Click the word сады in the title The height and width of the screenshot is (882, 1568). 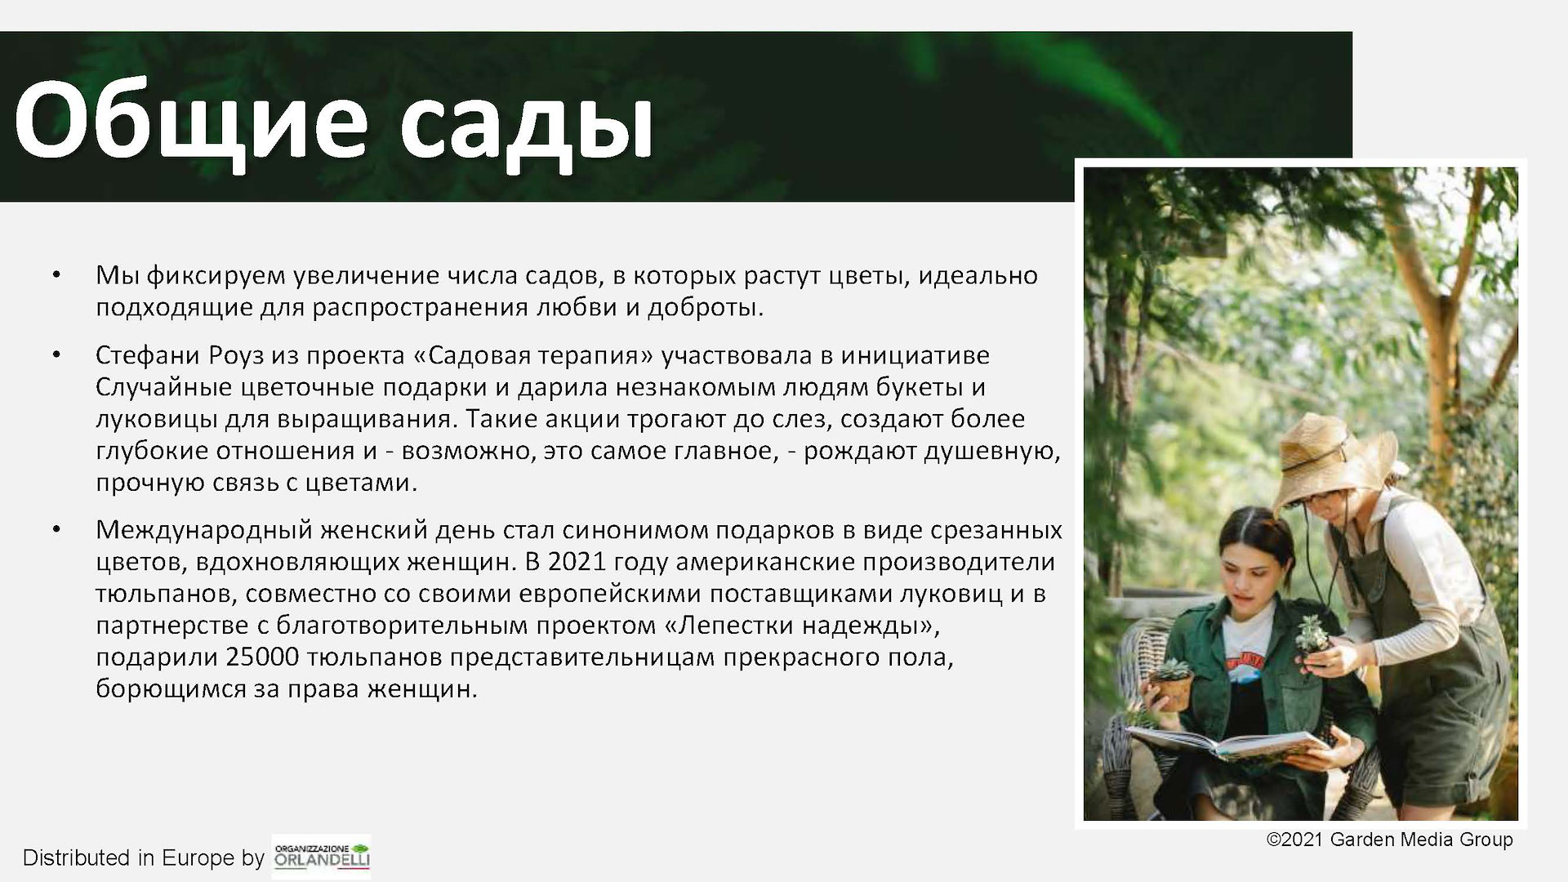point(526,122)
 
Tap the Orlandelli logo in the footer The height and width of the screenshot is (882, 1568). point(321,856)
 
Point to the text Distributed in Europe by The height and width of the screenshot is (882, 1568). point(144,857)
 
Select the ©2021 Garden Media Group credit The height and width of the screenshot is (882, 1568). point(1389,840)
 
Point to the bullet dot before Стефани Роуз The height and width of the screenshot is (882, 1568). point(56,355)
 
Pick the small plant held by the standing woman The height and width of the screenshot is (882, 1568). point(1313,634)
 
